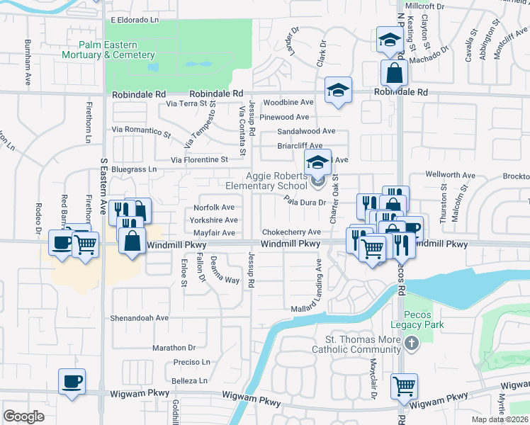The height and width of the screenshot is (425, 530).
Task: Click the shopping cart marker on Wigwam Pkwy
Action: pyautogui.click(x=404, y=387)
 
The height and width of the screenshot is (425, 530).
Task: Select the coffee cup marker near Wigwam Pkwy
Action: pyautogui.click(x=72, y=381)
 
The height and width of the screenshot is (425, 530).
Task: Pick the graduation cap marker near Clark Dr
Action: pyautogui.click(x=339, y=90)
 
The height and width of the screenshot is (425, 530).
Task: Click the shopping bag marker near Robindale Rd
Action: pyautogui.click(x=393, y=72)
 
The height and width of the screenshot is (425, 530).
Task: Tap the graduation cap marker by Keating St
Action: pyautogui.click(x=389, y=40)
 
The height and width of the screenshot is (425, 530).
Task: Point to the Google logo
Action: pyautogui.click(x=23, y=416)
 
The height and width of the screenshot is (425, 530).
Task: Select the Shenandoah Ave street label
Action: pyautogui.click(x=138, y=318)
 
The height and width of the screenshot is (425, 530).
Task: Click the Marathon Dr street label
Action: pyautogui.click(x=174, y=348)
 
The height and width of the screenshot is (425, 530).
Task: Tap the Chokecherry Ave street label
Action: pyautogui.click(x=291, y=232)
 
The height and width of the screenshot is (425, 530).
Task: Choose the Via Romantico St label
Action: pyautogui.click(x=142, y=131)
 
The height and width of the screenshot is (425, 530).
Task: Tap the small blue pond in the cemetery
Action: pyautogui.click(x=154, y=68)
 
